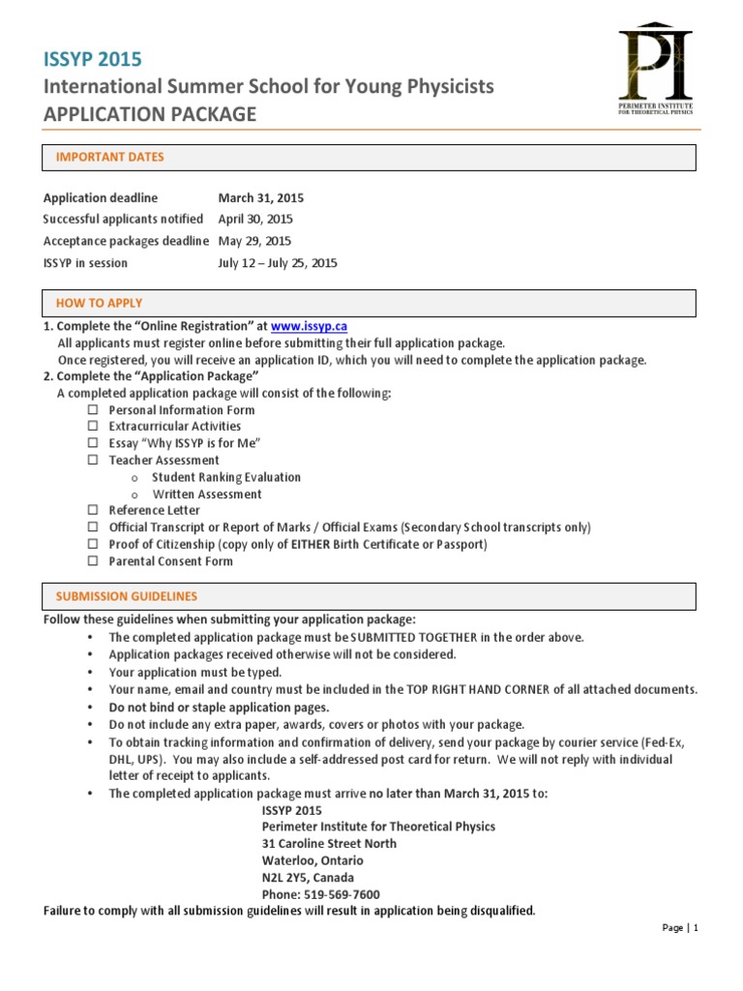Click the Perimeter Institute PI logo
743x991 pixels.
click(655, 68)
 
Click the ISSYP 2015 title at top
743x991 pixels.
click(85, 59)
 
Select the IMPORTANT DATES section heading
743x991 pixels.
click(110, 157)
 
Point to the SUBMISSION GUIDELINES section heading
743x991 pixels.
click(127, 596)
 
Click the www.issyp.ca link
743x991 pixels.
click(309, 327)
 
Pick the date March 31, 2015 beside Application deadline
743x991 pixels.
click(260, 198)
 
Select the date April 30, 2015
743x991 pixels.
click(255, 220)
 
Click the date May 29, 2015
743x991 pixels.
click(254, 241)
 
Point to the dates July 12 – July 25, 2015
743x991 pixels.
click(278, 263)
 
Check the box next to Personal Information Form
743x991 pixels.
click(93, 410)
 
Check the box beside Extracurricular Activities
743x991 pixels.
click(93, 427)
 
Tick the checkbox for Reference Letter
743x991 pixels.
click(93, 510)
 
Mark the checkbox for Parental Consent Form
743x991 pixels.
click(93, 561)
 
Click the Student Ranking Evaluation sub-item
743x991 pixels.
click(225, 477)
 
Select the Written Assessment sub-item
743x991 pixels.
click(206, 495)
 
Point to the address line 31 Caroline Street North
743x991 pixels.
click(329, 844)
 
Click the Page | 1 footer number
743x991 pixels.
click(679, 928)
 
